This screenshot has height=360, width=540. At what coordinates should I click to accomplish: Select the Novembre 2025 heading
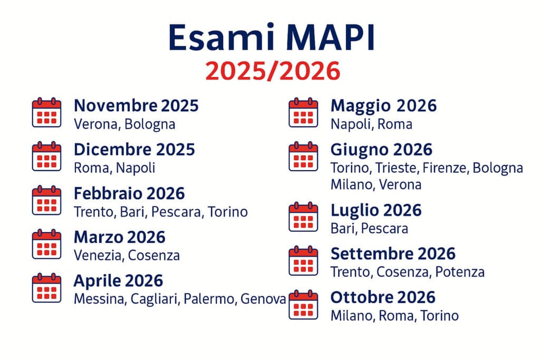136,105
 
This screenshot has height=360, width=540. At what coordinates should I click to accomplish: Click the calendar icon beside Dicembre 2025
46,156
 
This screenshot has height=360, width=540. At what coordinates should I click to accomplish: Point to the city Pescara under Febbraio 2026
179,212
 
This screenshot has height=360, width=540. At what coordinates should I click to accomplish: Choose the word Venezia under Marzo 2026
97,256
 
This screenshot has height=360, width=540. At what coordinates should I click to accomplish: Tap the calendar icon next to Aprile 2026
46,287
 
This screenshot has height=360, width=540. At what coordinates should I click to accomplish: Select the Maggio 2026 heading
383,105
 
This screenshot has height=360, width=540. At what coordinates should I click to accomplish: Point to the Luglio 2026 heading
376,210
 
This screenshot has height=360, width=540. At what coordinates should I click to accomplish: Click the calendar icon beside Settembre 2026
303,260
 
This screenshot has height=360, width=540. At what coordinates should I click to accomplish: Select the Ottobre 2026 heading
383,297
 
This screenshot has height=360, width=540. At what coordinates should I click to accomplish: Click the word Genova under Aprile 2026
263,299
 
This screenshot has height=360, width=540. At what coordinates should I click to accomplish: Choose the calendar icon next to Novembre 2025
46,112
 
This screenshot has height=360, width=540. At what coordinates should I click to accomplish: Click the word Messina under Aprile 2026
99,299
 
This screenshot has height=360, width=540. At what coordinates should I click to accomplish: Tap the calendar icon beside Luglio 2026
303,217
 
